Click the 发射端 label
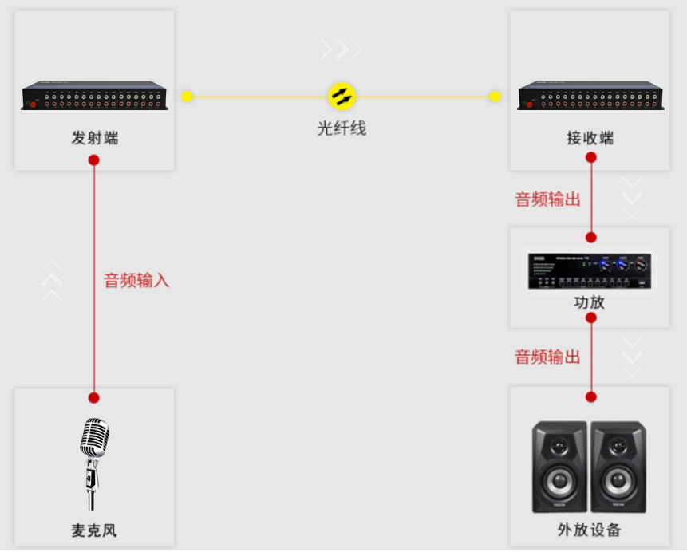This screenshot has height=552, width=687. coord(95,138)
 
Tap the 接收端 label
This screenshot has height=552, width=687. coord(590,138)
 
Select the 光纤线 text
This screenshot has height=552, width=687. coord(342,128)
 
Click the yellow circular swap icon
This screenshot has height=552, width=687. coord(342,96)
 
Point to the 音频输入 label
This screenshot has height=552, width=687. coord(136,281)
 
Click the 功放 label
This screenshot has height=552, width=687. coord(590,303)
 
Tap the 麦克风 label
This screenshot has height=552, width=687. coord(94,530)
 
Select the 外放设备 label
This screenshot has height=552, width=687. coord(590,530)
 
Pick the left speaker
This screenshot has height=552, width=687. coord(560,467)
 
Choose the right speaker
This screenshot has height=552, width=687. coord(618,467)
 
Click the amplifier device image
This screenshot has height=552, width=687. coord(590,271)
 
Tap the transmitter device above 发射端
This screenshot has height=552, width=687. coord(95,96)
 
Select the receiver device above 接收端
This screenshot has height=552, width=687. coord(590,96)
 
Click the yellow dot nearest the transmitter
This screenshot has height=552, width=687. coord(187,97)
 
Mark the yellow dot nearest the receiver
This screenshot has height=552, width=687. coord(495,97)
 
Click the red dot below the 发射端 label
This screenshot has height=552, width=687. coord(94,160)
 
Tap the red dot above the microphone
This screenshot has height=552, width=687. coord(94,397)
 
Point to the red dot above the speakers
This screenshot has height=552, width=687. coord(591,396)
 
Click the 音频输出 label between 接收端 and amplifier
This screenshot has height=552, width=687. coord(548,199)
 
